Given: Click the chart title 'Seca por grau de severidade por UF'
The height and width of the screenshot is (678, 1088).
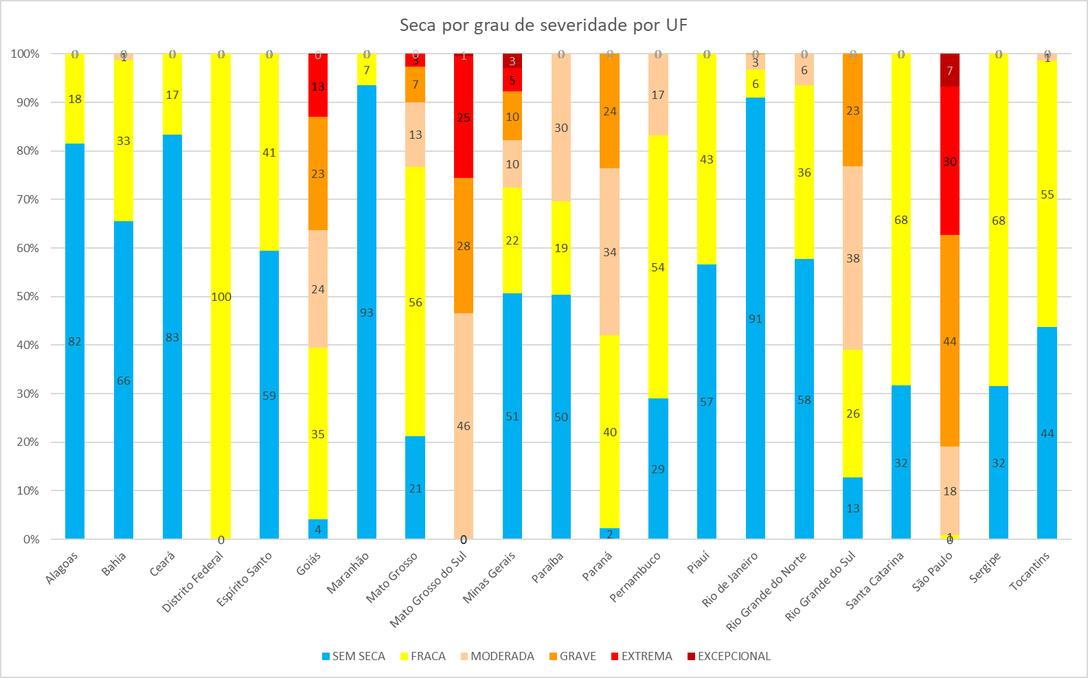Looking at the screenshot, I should pyautogui.click(x=543, y=25).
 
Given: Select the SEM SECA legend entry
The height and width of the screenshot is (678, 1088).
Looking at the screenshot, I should pyautogui.click(x=353, y=656).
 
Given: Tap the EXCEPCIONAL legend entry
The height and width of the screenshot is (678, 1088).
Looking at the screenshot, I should pyautogui.click(x=729, y=656).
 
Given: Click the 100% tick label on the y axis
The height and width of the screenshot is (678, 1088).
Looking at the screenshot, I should pyautogui.click(x=25, y=54).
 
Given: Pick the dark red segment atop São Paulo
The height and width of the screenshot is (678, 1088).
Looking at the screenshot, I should pyautogui.click(x=950, y=70).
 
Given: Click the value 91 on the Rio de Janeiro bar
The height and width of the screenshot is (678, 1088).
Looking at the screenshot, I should pyautogui.click(x=756, y=319).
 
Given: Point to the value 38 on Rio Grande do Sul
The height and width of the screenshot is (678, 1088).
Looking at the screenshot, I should pyautogui.click(x=852, y=258).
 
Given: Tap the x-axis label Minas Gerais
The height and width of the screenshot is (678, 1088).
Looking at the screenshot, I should pyautogui.click(x=490, y=577).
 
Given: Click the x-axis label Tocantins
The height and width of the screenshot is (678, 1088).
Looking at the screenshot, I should pyautogui.click(x=1030, y=571).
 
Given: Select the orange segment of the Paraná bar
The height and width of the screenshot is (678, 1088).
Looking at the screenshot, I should pyautogui.click(x=609, y=111).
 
